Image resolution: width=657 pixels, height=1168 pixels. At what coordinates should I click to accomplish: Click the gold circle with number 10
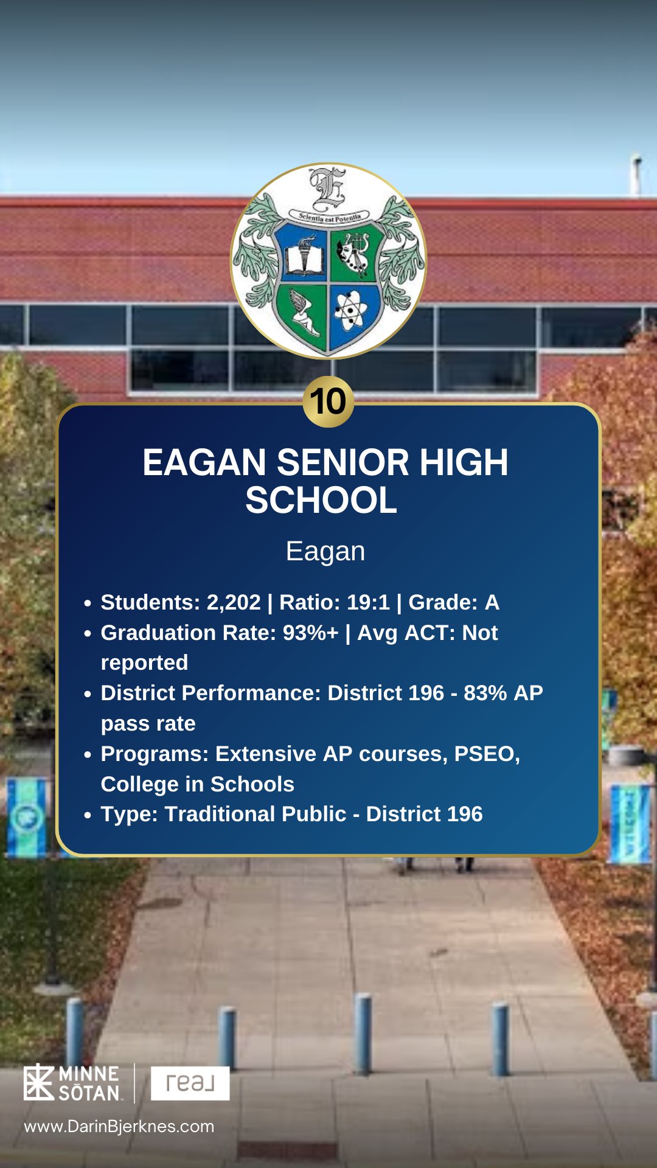point(328,401)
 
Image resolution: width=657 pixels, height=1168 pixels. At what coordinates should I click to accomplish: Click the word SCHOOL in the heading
point(321,500)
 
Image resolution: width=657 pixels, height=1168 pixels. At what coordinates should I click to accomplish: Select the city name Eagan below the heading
point(325,552)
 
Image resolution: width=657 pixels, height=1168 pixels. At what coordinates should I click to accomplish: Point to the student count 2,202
point(234,602)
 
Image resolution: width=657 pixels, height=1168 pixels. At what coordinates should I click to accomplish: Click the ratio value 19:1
point(368,602)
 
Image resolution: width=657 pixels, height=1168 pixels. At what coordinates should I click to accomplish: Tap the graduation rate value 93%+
point(310,633)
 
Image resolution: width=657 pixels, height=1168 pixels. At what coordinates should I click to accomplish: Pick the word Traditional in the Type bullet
point(255,814)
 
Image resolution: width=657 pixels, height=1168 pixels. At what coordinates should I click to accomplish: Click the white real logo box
point(190,1083)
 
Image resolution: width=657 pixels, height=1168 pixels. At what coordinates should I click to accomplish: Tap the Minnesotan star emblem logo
point(39,1083)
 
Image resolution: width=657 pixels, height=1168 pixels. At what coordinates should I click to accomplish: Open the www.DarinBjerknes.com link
point(119,1127)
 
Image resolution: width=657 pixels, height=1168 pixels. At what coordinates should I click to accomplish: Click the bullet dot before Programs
point(88,755)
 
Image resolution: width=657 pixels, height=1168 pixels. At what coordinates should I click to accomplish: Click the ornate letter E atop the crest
point(328,187)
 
